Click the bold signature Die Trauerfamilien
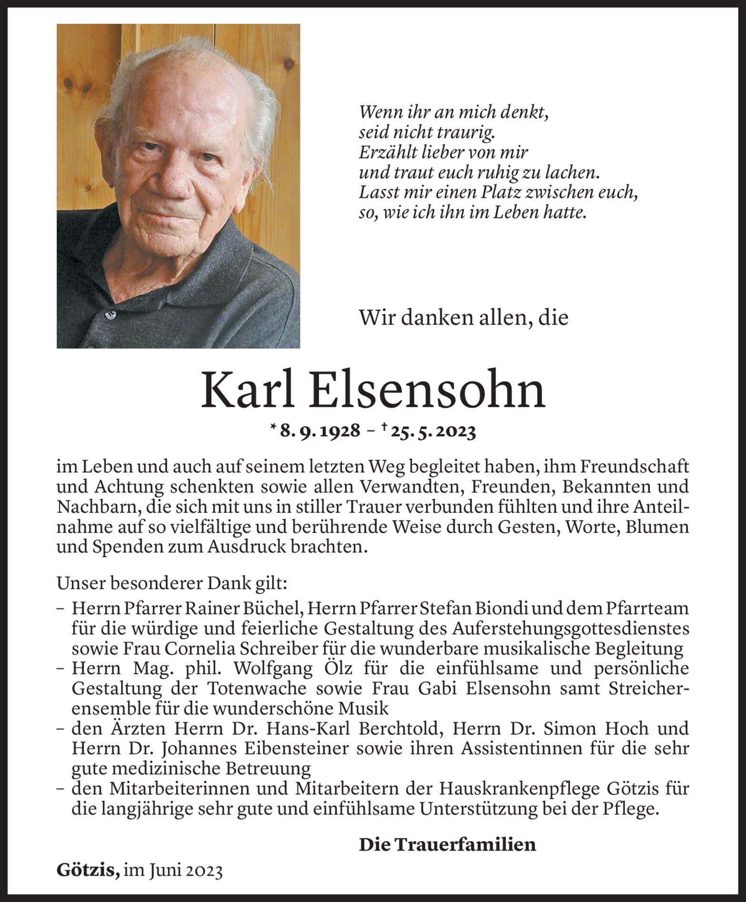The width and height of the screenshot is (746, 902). click(447, 844)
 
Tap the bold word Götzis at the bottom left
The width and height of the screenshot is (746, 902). click(87, 870)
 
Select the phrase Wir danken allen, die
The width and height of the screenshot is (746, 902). click(464, 317)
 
